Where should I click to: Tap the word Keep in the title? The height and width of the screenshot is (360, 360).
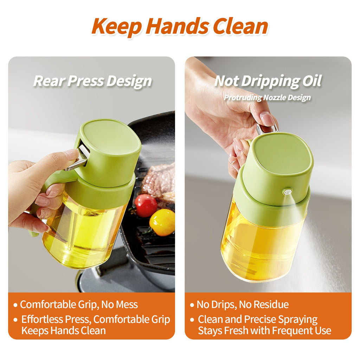point(116,26)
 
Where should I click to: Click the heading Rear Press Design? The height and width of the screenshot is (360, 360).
point(92,81)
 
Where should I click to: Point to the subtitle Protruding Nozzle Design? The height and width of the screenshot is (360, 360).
point(267,97)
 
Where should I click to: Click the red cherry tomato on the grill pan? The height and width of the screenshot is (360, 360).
point(146,205)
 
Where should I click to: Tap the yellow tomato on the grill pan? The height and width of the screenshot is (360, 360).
point(162,222)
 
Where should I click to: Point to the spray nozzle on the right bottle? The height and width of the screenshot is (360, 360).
point(287,192)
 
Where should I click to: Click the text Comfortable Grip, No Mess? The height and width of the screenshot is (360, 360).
point(79,304)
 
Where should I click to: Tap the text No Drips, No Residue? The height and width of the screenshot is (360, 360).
point(243,304)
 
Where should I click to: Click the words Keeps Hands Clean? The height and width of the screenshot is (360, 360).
point(63,330)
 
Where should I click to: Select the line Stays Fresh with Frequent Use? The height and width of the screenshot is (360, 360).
point(264,330)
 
